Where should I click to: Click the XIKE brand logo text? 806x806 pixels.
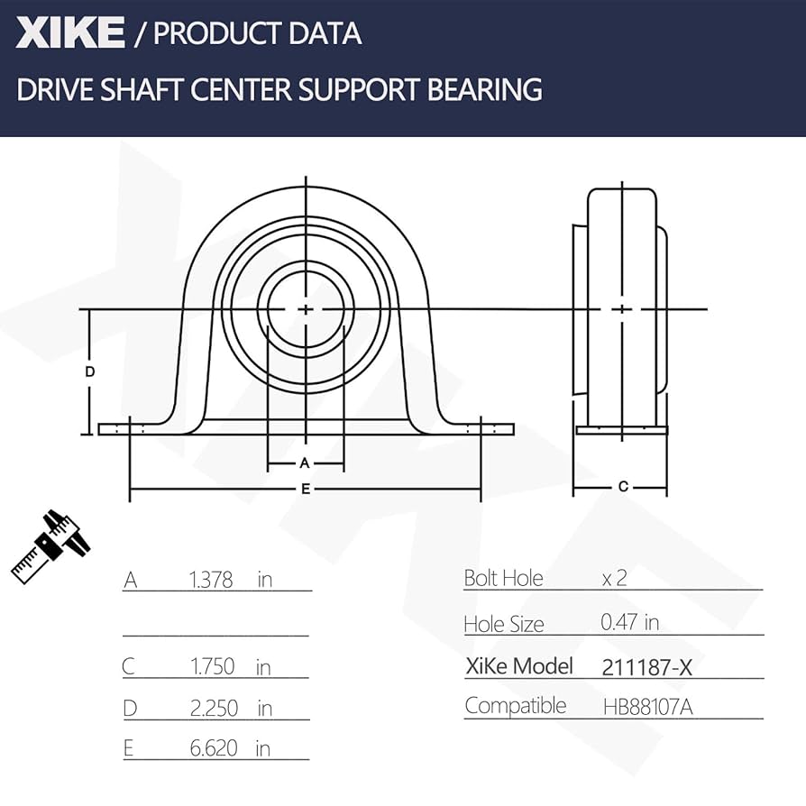pos(69,33)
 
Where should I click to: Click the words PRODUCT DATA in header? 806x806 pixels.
pos(257,34)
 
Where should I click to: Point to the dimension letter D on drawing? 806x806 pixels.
pos(90,371)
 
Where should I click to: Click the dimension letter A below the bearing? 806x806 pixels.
pos(305,463)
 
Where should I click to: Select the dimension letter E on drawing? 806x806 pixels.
pos(306,489)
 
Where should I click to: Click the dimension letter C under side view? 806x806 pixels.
pos(622,487)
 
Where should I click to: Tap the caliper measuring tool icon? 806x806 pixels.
pos(52,544)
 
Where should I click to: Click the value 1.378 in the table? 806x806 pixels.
pos(211,580)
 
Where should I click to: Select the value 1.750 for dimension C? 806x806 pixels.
pos(212,666)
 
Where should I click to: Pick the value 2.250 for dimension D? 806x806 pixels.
pos(214,709)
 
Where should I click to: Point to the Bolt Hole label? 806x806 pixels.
pos(503,578)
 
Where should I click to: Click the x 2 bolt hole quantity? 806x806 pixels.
pos(614,578)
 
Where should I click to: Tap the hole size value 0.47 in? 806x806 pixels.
pos(629,622)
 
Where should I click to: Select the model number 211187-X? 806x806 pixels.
pos(646,667)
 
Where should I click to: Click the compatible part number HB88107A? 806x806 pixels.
pos(647,707)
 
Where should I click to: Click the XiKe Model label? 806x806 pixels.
pos(518,666)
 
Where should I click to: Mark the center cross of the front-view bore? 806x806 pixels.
pos(307,309)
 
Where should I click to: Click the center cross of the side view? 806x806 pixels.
pos(622,309)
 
